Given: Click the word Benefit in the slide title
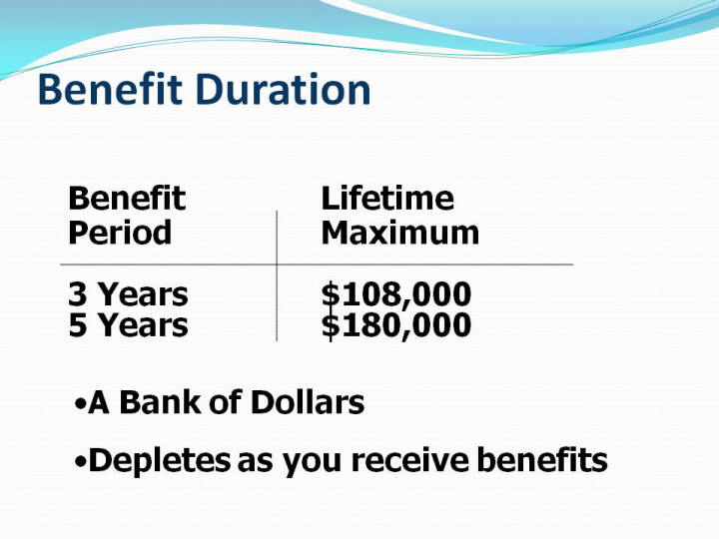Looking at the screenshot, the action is pos(111,89).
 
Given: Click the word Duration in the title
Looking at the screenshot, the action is pos(284,89).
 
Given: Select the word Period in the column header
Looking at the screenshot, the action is pos(120,233).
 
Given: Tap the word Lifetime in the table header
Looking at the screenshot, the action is pos(387,198).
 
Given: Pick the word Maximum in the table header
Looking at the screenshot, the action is pos(400,233).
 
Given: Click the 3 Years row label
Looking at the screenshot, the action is pos(129,294).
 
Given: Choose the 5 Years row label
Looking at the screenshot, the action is pos(129,325).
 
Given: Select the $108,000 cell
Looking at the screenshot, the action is pos(396,295).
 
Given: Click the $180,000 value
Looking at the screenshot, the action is pos(396,326).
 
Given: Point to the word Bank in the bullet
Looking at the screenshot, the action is pos(161,402).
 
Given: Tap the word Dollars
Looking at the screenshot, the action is pos(308,402).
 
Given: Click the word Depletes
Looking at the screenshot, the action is pos(160,460).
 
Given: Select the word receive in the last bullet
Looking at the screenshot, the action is pos(410,460).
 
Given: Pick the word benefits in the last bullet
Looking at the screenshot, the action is pos(542,460).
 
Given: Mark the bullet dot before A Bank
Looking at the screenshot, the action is pos(80,404).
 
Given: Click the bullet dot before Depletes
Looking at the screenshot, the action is pos(80,462).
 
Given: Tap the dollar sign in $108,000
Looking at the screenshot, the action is pos(331,295).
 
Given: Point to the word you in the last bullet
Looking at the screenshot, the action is pos(312,463).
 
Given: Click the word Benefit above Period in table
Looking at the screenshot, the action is pos(127,198).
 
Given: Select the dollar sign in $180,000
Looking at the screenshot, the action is pos(331,326).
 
